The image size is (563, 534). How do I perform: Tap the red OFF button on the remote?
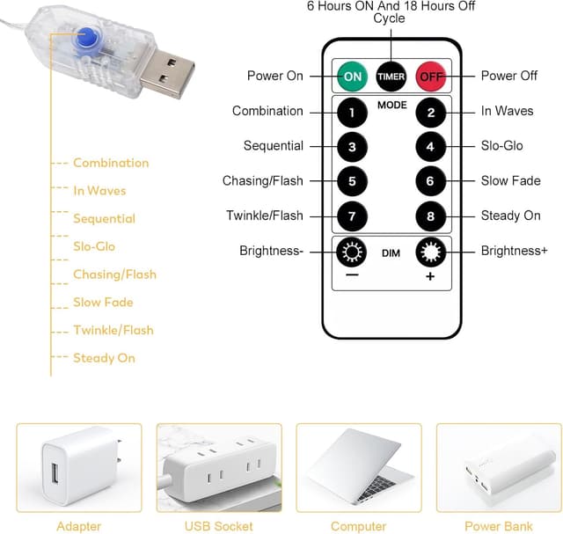pos(430,77)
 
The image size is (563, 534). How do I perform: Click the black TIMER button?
pos(391,77)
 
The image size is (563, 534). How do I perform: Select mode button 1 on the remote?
pos(352,112)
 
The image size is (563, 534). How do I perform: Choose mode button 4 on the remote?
pos(430,147)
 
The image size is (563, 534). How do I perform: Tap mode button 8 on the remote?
pos(430,216)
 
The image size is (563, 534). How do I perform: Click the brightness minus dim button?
pos(352,253)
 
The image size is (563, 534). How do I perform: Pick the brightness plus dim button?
pos(430,253)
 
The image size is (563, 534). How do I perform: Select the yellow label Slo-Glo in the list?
pos(94,246)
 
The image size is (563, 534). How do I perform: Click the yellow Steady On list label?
pos(105,358)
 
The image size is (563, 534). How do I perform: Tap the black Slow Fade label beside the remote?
pos(510,181)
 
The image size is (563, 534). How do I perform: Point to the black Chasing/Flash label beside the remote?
pos(262,181)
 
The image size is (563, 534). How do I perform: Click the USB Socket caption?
pos(218,526)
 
